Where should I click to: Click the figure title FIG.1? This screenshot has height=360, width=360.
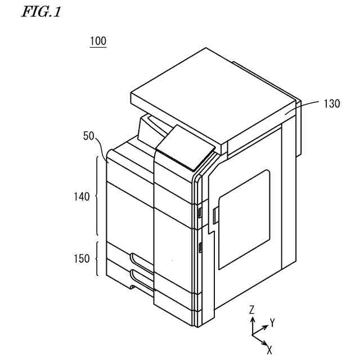tap(40, 12)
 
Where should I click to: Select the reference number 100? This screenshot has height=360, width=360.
tap(98, 41)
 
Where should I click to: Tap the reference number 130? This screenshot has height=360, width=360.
tap(331, 103)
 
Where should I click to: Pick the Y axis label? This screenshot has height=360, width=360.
tap(272, 323)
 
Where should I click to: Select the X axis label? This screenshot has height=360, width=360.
tap(269, 349)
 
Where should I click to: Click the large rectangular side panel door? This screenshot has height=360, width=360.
tap(244, 219)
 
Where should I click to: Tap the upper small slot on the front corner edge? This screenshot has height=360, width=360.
tap(200, 212)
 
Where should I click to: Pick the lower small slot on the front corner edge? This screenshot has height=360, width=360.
tap(200, 246)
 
